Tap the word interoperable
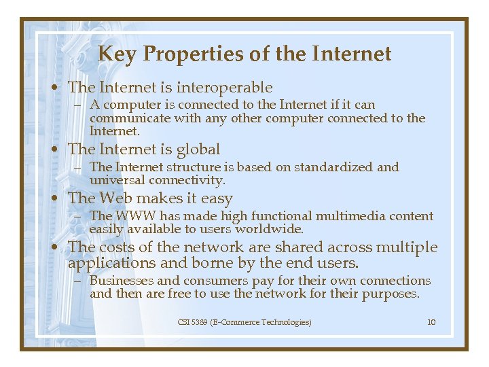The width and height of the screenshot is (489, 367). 224,88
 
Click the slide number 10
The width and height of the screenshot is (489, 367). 431,322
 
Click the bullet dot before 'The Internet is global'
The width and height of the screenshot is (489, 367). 60,150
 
